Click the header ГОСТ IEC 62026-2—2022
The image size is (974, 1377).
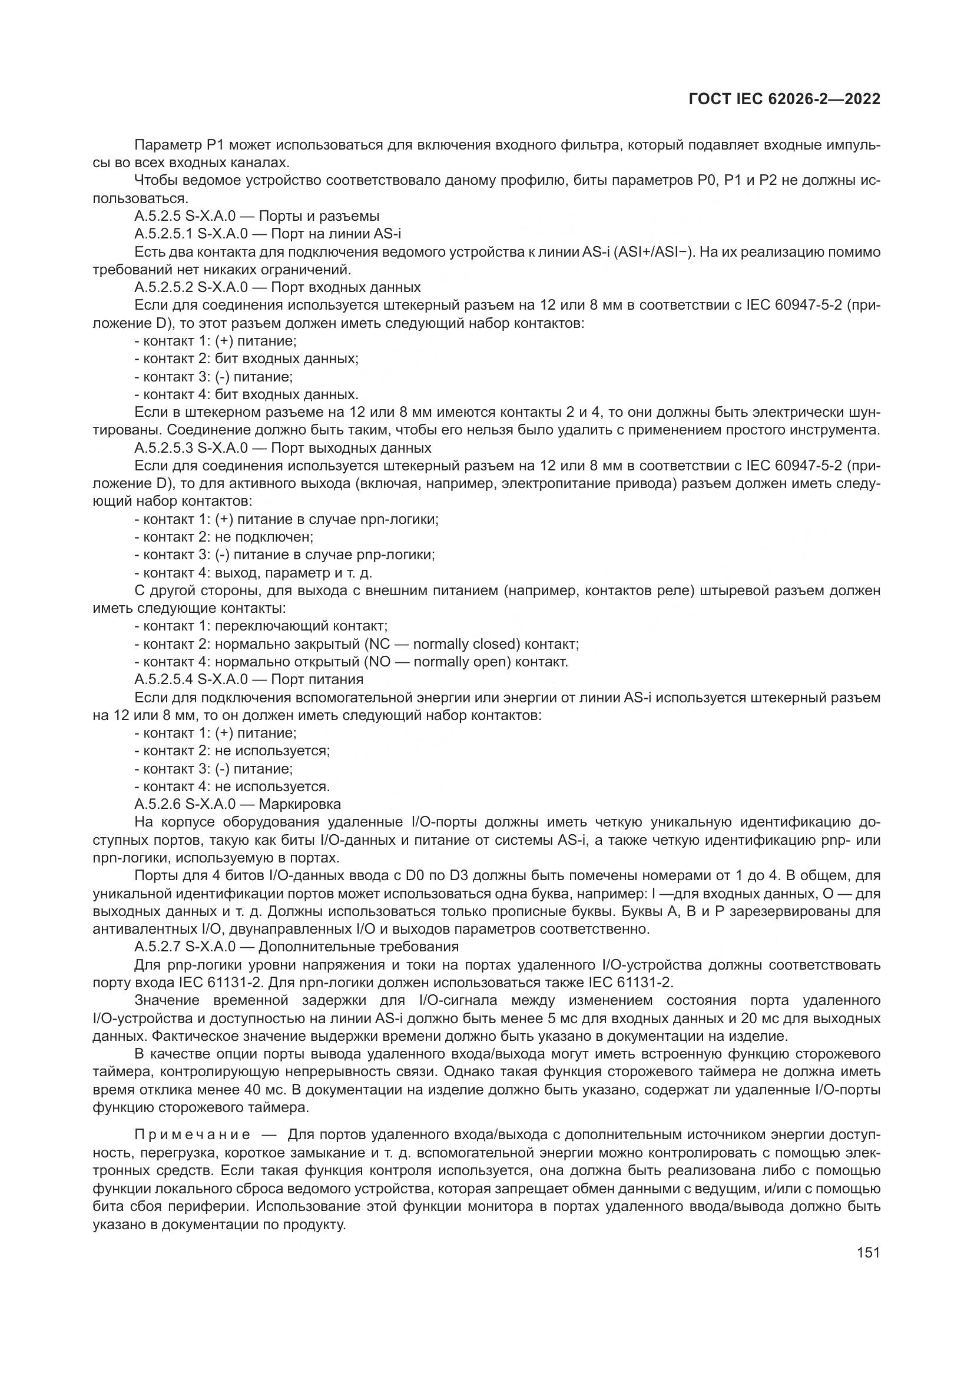pyautogui.click(x=784, y=99)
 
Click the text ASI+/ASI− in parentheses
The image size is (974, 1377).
pyautogui.click(x=651, y=252)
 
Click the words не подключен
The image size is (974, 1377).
pyautogui.click(x=264, y=537)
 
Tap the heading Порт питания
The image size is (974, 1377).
pyautogui.click(x=317, y=679)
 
